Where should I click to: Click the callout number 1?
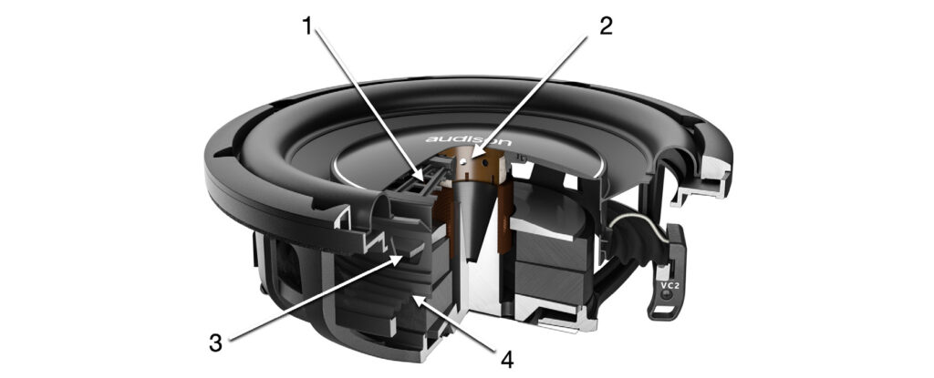pos(306,26)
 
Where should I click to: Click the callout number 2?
pos(606,26)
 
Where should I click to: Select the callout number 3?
pos(215,342)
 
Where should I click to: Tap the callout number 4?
pos(506,358)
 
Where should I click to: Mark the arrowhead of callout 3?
pos(400,259)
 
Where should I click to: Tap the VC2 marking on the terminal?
pos(669,284)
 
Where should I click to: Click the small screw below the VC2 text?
pos(669,295)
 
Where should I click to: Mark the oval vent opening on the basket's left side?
pos(289,267)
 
